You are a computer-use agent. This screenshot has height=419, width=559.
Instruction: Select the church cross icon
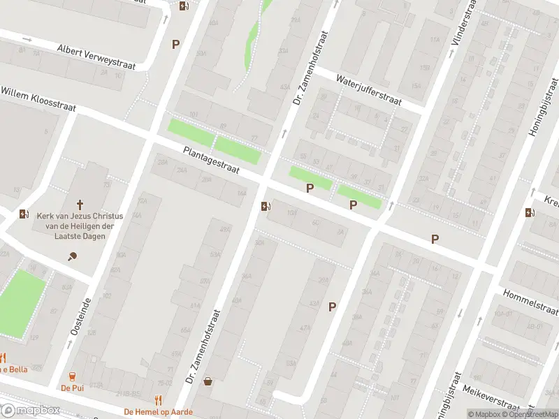click(x=80, y=205)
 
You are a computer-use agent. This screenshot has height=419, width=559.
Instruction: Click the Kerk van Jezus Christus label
click(x=80, y=225)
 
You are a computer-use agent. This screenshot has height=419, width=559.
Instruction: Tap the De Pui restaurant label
click(x=72, y=388)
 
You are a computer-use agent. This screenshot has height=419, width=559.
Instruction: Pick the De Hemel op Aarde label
click(x=158, y=412)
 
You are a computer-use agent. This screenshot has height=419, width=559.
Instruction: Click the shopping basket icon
click(x=208, y=381)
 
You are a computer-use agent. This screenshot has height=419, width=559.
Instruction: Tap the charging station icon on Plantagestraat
click(x=265, y=206)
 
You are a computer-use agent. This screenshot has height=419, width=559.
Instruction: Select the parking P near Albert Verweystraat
click(x=175, y=44)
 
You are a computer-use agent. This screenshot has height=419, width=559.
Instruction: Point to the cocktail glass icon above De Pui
click(x=72, y=376)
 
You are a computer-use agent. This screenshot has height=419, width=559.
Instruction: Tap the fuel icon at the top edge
click(x=184, y=6)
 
